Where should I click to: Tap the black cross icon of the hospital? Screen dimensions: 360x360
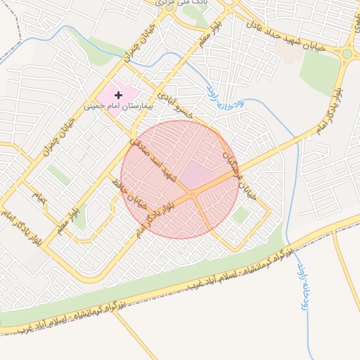(x=117, y=94)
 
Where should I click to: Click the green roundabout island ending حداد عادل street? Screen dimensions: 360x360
(x=347, y=53)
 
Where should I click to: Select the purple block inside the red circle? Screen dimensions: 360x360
(x=200, y=173)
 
